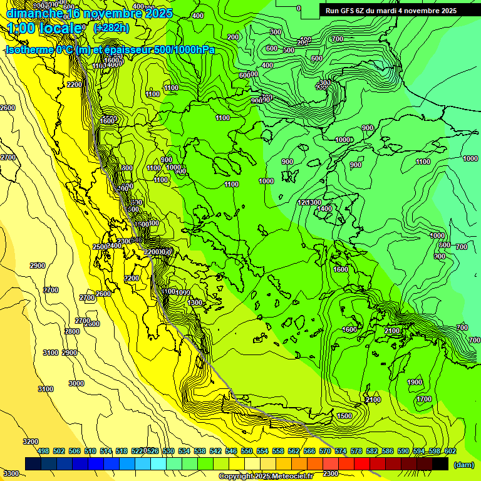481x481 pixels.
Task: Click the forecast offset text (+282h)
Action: pos(111,28)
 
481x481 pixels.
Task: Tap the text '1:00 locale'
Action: pos(45,28)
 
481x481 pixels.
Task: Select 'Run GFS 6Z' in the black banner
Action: pos(347,11)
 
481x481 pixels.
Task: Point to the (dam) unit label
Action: pos(463,465)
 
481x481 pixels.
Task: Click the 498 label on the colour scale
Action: pos(43,451)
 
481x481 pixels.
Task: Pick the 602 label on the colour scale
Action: pos(450,451)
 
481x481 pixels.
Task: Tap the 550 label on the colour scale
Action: pos(247,451)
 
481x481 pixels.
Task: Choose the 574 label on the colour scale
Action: pos(341,451)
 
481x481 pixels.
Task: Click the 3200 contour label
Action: pos(30,442)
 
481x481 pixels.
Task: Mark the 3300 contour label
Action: pos(10,473)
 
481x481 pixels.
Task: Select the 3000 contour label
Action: pos(76,383)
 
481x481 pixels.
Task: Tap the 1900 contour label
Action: pos(415,382)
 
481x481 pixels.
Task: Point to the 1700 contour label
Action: pos(424,399)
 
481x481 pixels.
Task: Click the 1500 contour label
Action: pos(344,416)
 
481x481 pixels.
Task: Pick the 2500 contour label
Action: pos(100,247)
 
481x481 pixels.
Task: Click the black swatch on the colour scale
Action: pos(440,464)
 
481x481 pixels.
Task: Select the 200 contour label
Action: pos(233,37)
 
